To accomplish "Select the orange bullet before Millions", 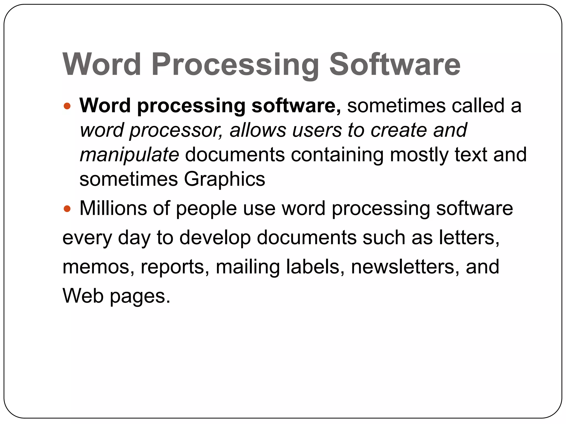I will click(67, 208).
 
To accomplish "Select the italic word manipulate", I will click(129, 155).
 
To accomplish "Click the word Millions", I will click(113, 208).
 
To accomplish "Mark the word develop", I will click(215, 238).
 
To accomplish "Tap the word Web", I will click(83, 296).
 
